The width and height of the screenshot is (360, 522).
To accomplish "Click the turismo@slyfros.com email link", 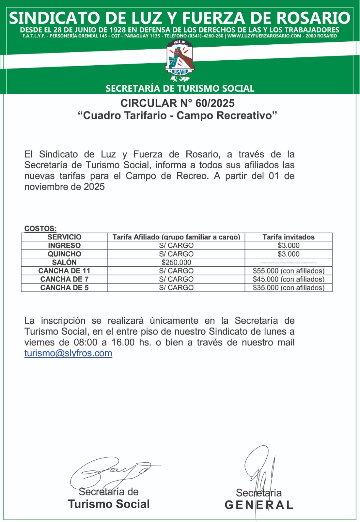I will coord(68,353).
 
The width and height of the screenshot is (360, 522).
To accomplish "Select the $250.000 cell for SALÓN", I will coord(176,262).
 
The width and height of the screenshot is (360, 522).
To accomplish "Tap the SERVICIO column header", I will coord(64,237).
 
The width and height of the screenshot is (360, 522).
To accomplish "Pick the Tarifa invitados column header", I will coord(289,237).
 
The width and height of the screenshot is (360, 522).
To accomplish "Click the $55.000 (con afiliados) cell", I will coord(289,271).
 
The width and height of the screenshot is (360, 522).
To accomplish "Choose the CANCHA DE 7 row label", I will coord(64,279).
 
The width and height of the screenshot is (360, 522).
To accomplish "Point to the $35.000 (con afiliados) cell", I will coord(289,288).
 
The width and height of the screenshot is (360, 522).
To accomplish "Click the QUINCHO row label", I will coord(64,254).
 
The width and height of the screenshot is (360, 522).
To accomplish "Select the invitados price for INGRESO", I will coord(289,245).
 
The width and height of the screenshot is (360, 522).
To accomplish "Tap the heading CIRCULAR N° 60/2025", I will coord(178,103).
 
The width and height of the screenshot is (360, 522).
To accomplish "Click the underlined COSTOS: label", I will coord(40,228).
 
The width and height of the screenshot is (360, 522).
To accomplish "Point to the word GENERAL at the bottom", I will coord(259,505).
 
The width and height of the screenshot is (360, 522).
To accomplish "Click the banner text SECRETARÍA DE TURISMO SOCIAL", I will coord(180,88).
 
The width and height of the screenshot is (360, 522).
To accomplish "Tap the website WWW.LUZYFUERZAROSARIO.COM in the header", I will coord(264,36).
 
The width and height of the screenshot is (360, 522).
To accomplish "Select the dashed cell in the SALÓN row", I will coord(289,262).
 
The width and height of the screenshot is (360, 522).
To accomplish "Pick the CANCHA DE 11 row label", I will coord(64,271).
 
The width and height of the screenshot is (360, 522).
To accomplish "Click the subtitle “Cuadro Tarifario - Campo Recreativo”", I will coord(178,115).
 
